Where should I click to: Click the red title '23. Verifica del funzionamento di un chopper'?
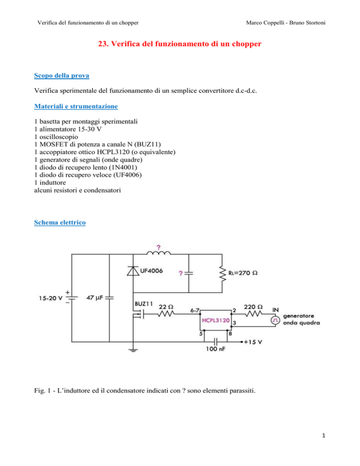tap(180, 44)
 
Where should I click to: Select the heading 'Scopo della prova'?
tap(61, 75)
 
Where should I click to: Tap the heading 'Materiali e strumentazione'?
tap(76, 106)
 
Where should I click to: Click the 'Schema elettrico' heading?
tap(60, 222)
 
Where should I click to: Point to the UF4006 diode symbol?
tap(133, 271)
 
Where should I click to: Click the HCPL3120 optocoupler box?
tap(216, 320)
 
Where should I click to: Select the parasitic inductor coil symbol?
tap(158, 253)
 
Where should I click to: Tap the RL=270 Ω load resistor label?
tap(242, 273)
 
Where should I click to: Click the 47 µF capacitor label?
tap(94, 298)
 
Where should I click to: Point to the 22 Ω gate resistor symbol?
tap(166, 314)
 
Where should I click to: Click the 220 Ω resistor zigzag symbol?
tap(253, 314)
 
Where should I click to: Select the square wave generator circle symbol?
tap(275, 320)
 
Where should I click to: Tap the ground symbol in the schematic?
tap(133, 350)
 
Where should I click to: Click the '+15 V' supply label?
tap(253, 342)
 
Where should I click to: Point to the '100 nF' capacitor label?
tap(216, 349)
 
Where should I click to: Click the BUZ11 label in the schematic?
tap(143, 304)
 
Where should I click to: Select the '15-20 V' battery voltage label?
tap(51, 298)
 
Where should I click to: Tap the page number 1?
tap(324, 436)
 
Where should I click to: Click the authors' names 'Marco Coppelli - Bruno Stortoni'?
tap(285, 23)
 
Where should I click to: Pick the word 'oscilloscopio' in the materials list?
tap(59, 137)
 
